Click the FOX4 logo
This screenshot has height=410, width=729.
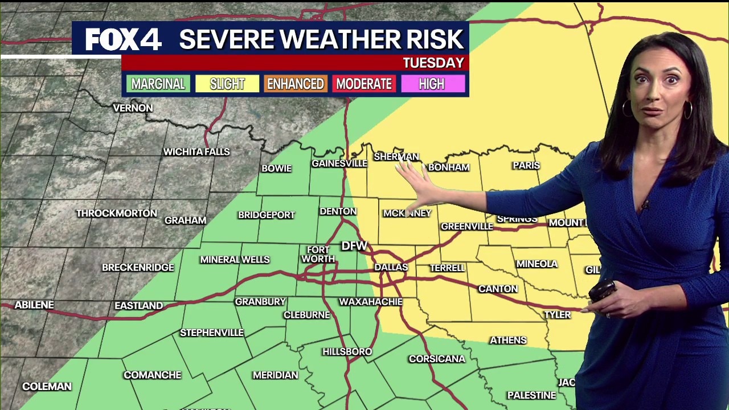coord(124,39)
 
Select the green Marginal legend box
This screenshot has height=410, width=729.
coord(158,84)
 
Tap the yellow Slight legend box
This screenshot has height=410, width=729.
coord(227,84)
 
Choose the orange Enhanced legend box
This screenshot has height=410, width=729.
coord(296,84)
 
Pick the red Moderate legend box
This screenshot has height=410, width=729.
coord(364,84)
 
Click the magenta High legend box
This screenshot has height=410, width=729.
coord(432,84)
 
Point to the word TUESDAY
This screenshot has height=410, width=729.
coord(433,63)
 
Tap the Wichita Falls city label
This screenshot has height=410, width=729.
coord(196,152)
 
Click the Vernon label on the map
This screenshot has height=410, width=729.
coord(133,108)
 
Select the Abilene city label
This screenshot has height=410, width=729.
coord(34,305)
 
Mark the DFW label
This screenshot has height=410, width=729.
coord(354,246)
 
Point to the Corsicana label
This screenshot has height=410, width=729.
coord(437,359)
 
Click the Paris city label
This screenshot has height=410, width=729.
coord(526,165)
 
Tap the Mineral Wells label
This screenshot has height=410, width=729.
coord(235,260)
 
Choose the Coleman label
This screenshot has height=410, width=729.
coord(47,387)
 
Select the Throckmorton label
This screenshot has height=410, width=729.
coord(117,214)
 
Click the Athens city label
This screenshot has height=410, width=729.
coord(508,340)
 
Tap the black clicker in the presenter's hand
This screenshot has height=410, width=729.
coord(601,290)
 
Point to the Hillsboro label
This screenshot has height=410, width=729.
coord(347,352)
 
